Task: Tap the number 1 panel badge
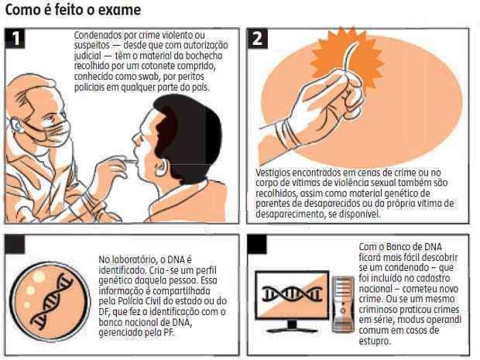tap(15, 39)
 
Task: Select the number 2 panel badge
tap(257, 39)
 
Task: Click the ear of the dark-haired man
tap(161, 168)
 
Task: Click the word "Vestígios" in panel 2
tap(273, 173)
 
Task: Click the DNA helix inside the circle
tap(51, 301)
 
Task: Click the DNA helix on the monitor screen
tap(292, 294)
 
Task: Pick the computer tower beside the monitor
tap(343, 304)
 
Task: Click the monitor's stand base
tap(293, 330)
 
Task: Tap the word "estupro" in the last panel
tap(375, 341)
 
